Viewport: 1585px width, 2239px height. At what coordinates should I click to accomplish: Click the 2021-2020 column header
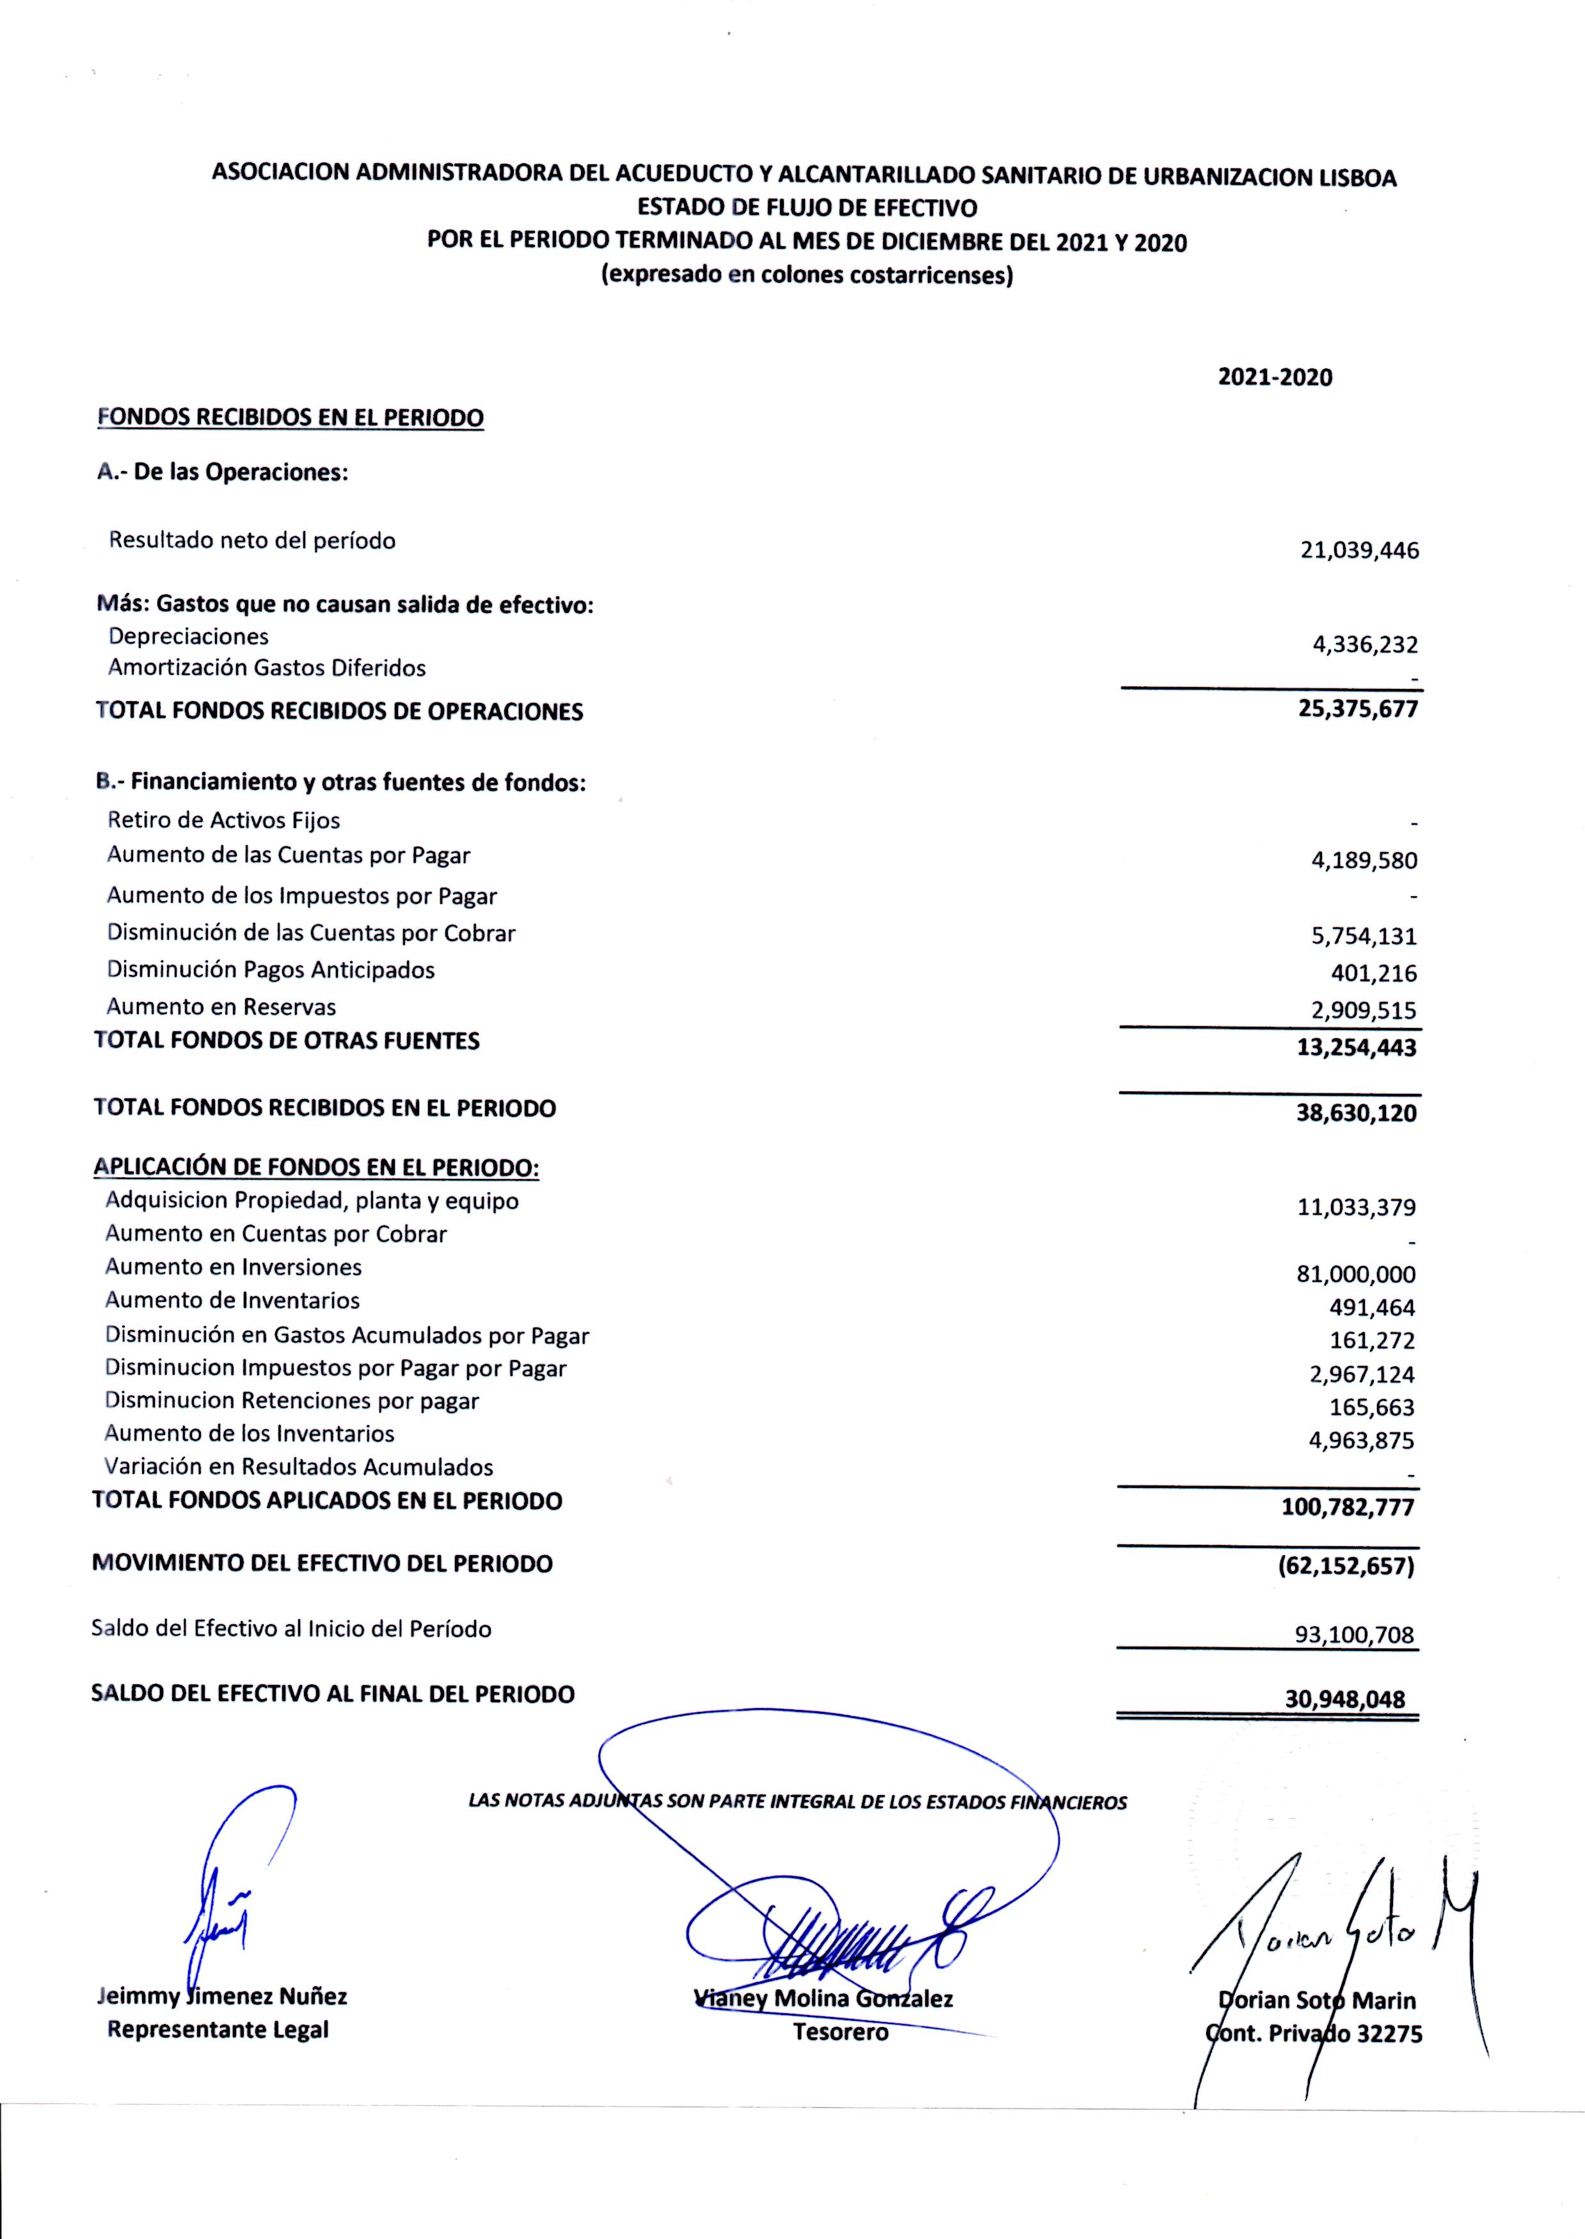pyautogui.click(x=1275, y=377)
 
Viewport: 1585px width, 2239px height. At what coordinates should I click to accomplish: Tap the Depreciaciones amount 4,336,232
pyautogui.click(x=1364, y=645)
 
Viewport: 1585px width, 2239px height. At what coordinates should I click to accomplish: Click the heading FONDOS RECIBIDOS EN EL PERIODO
pyautogui.click(x=291, y=418)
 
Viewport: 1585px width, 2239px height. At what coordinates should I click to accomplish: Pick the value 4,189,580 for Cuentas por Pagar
pyautogui.click(x=1364, y=860)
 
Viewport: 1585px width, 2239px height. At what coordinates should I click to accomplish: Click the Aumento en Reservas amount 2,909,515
pyautogui.click(x=1364, y=1011)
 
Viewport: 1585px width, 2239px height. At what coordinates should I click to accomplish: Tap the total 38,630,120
pyautogui.click(x=1357, y=1113)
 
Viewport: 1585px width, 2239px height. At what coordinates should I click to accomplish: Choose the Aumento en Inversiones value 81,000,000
pyautogui.click(x=1357, y=1274)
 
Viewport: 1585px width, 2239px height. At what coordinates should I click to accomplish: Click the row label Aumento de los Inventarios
pyautogui.click(x=249, y=1433)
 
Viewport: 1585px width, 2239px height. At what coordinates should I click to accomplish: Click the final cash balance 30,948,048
pyautogui.click(x=1345, y=1700)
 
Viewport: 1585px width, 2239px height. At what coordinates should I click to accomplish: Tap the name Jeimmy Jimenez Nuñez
pyautogui.click(x=223, y=1996)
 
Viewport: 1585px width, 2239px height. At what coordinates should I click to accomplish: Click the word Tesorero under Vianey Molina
pyautogui.click(x=840, y=2032)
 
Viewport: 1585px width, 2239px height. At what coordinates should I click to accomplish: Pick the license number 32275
pyautogui.click(x=1388, y=2034)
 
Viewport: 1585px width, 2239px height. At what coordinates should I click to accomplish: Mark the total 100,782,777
pyautogui.click(x=1348, y=1507)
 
